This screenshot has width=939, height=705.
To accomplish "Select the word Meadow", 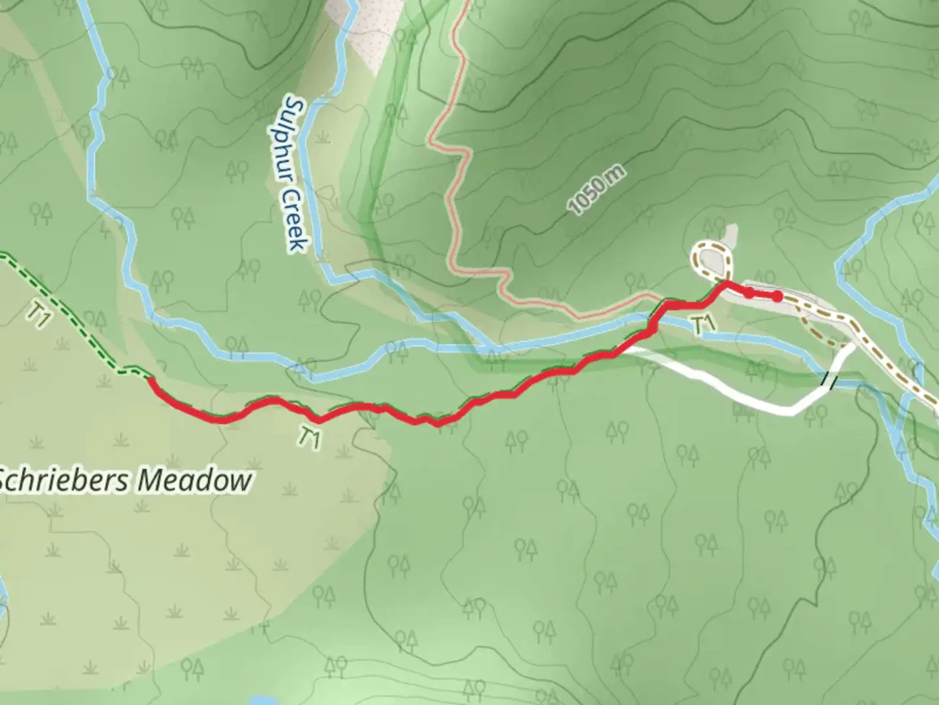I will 196,481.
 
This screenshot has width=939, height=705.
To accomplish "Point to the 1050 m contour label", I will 597,191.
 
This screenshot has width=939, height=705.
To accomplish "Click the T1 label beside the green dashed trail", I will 38,317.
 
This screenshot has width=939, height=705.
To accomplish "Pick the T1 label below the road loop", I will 701,324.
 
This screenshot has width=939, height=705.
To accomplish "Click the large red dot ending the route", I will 777,297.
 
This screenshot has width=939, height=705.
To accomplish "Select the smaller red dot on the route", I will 749,292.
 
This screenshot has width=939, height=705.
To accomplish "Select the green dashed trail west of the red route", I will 72,313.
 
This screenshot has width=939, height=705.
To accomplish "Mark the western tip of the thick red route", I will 151,379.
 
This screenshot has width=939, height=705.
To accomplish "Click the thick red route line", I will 496,395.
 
